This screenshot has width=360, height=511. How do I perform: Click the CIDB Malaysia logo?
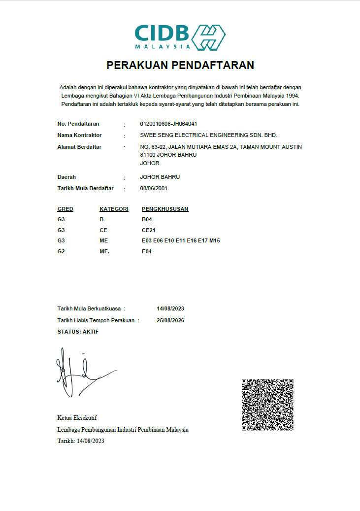click(180, 37)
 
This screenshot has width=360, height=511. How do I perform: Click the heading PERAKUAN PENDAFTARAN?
click(180, 66)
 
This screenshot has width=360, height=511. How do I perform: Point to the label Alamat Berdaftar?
click(79, 147)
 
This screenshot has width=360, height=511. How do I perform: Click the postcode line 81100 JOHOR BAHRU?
click(168, 155)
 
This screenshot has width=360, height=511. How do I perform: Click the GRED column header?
click(65, 209)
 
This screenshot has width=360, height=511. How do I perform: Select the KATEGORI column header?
click(114, 209)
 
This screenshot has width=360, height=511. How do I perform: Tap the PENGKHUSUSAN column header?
click(165, 209)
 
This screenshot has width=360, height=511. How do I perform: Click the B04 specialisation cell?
click(147, 219)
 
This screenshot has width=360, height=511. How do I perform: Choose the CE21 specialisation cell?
click(149, 230)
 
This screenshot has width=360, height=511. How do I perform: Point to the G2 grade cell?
click(61, 251)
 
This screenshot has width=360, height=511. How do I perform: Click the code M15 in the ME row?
click(214, 240)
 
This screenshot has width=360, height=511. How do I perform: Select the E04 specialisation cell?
click(147, 251)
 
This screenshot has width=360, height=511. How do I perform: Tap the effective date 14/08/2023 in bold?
click(170, 308)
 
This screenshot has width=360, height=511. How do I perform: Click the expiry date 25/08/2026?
click(170, 320)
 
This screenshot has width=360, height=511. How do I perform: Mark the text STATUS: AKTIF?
click(78, 332)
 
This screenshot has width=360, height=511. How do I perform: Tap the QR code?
click(267, 405)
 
